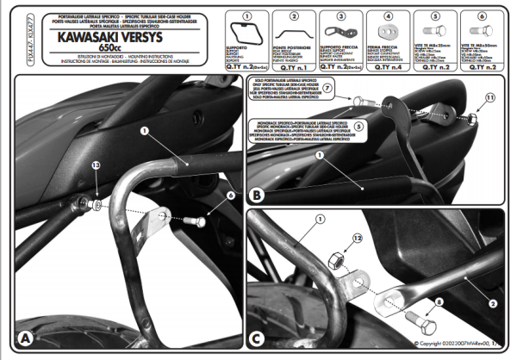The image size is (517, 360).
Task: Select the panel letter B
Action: pos(256,196)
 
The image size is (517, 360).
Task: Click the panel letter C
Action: pos(256,339)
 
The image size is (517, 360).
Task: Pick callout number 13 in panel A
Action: pos(72,164)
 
